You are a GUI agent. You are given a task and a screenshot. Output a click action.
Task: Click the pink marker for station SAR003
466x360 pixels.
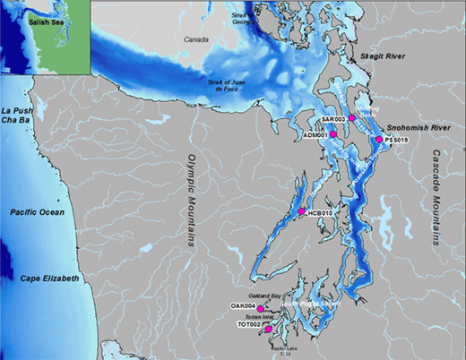click(x=352, y=118)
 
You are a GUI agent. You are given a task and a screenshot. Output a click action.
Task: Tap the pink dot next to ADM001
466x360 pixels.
click(x=332, y=133)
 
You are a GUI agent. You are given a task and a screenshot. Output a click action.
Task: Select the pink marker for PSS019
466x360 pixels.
click(x=379, y=140)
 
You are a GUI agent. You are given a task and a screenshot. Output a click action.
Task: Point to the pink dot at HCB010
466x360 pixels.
click(x=302, y=213)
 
